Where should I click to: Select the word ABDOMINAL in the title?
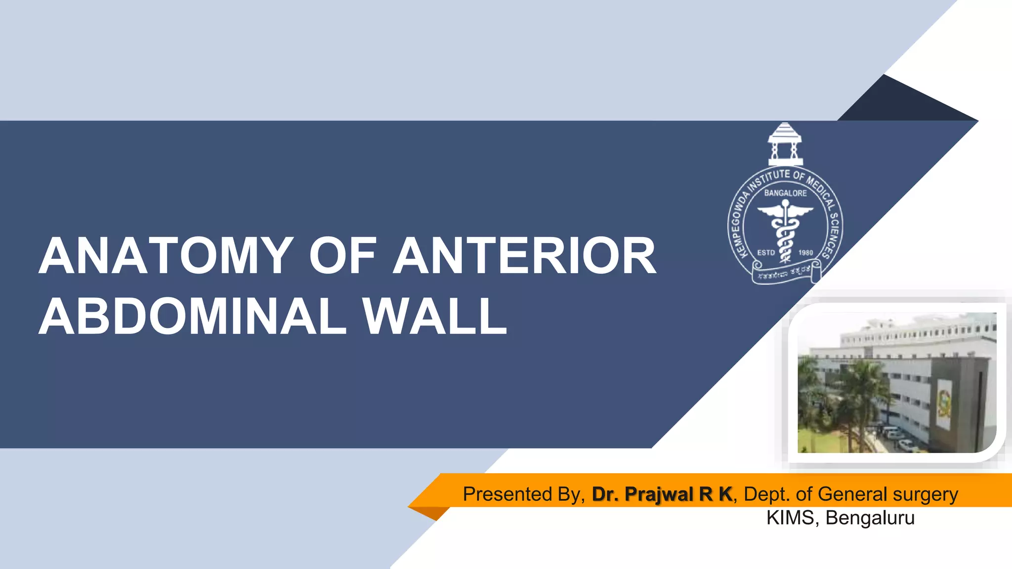click(x=193, y=317)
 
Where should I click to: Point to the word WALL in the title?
click(x=435, y=317)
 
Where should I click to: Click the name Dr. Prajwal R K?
click(x=662, y=494)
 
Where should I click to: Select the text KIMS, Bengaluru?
click(x=840, y=518)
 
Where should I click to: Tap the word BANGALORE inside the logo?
click(x=785, y=193)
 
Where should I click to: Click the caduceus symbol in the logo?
click(x=785, y=230)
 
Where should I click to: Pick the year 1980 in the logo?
click(x=805, y=252)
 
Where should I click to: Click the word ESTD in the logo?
click(x=766, y=252)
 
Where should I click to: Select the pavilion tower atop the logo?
click(x=785, y=144)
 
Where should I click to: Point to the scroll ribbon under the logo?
click(x=786, y=272)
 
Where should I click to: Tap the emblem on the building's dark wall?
click(x=944, y=403)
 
